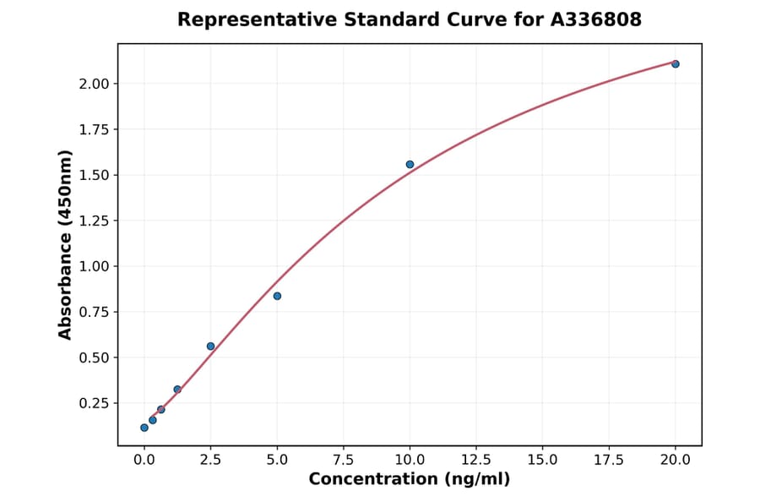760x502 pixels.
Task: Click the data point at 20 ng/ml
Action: (676, 64)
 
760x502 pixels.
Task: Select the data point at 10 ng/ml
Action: (410, 165)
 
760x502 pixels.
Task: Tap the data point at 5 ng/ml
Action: (277, 296)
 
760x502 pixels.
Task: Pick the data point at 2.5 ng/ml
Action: (211, 346)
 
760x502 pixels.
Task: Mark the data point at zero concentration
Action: (144, 428)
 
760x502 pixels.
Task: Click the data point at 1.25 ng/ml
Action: (177, 390)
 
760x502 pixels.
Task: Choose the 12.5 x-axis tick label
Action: (476, 460)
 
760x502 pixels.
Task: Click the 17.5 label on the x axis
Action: (609, 460)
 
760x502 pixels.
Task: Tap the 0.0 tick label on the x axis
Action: (144, 460)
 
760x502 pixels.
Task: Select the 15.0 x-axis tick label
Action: (542, 460)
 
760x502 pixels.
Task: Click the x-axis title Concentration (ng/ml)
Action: (410, 480)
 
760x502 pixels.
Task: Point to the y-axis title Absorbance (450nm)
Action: (66, 244)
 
